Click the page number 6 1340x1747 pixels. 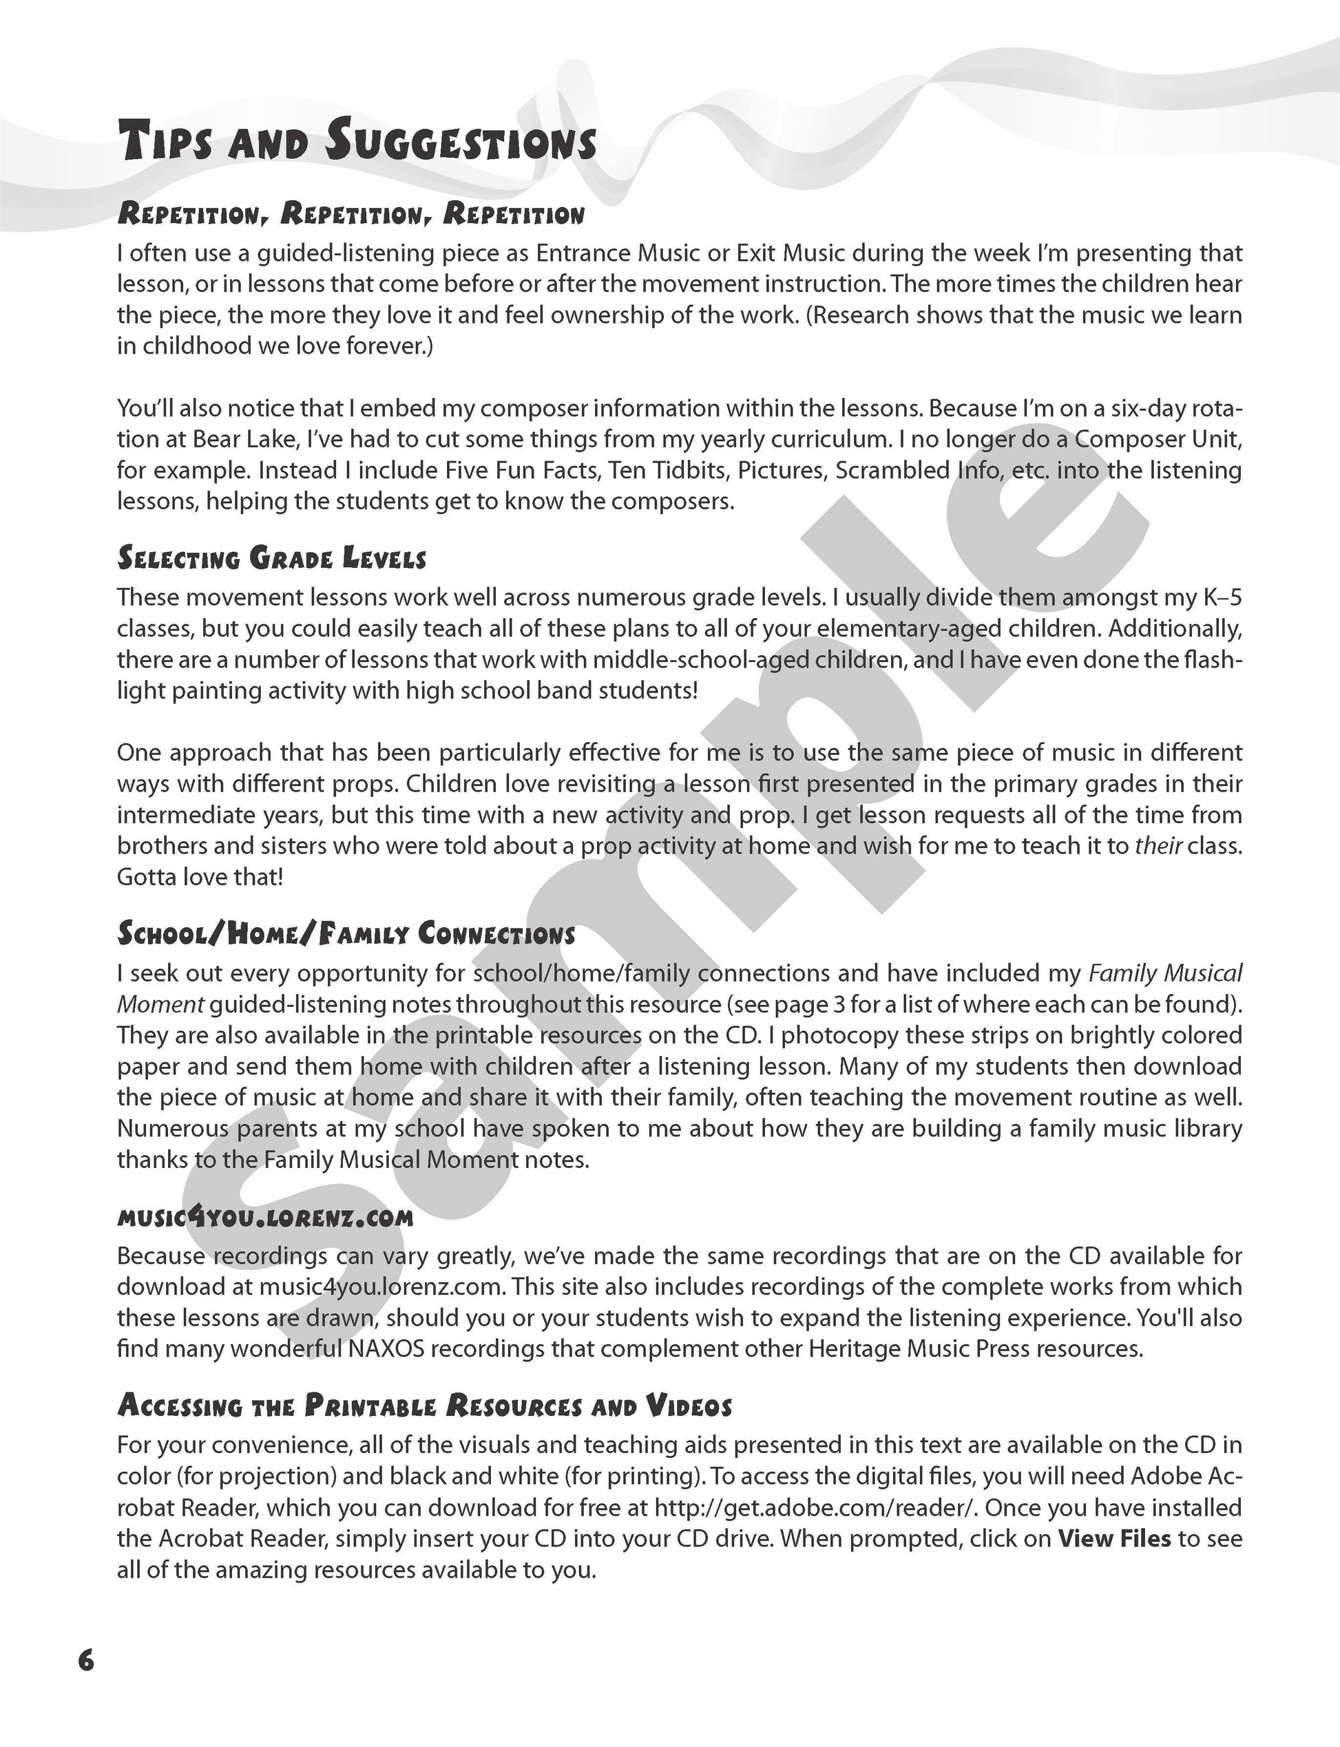(86, 1660)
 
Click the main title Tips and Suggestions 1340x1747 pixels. (357, 142)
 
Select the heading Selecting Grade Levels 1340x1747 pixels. (271, 558)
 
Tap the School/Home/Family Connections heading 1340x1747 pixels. (346, 933)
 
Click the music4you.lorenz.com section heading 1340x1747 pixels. (265, 1218)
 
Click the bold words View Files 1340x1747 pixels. (1114, 1538)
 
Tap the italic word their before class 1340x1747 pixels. (1158, 846)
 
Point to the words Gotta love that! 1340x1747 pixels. (200, 877)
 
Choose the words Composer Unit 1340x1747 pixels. (1158, 439)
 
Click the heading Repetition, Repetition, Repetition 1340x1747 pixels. (351, 213)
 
